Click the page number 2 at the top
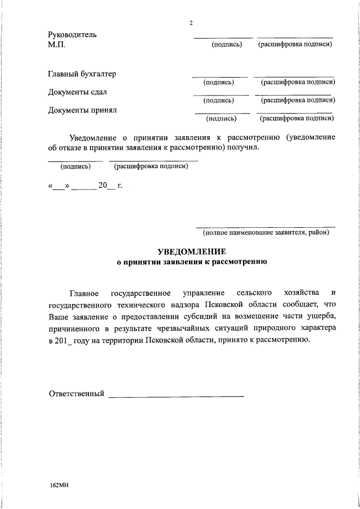pos(191,23)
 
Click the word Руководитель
pos(73,34)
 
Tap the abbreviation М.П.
pos(57,44)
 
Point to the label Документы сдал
pos(78,92)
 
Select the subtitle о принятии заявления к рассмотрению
pos(191,262)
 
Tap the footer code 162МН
pos(59,485)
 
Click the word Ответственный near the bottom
pos(77,393)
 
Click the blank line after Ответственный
pos(175,397)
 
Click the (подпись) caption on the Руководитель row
pos(226,44)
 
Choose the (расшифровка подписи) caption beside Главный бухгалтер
pos(295,82)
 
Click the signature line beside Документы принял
pos(222,114)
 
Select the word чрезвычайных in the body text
pos(188,328)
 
